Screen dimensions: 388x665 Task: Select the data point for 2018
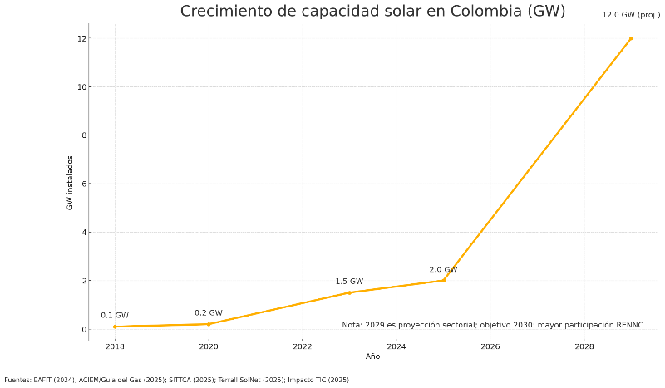tap(115, 327)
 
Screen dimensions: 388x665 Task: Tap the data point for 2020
tap(209, 324)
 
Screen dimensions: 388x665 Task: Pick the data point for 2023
tap(349, 292)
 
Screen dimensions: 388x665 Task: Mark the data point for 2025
tap(443, 280)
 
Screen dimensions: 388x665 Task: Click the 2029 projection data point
tap(631, 38)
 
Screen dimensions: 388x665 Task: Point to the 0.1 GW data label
tap(115, 316)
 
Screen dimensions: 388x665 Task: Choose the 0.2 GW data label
tap(209, 313)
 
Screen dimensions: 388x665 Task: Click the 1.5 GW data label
tap(349, 282)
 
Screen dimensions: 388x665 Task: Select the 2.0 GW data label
tap(443, 269)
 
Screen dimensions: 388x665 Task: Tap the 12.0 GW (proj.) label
tap(631, 15)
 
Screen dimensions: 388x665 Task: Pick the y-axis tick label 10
tap(81, 87)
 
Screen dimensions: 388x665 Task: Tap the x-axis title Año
tap(372, 357)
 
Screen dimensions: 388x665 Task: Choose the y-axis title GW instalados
tap(71, 183)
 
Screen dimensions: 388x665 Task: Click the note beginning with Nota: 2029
tap(493, 325)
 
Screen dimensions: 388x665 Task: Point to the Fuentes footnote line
tap(176, 380)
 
